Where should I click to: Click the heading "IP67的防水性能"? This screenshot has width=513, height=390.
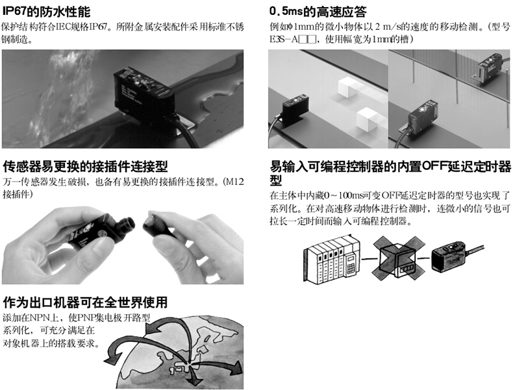tap(47, 12)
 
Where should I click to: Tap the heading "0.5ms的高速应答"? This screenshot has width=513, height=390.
tap(318, 12)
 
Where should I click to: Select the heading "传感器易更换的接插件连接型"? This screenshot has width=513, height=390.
tap(85, 166)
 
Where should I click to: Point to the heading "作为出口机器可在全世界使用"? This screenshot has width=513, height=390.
tap(85, 302)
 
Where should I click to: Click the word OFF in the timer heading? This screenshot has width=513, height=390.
tap(434, 166)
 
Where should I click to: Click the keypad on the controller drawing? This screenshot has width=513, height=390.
tap(351, 268)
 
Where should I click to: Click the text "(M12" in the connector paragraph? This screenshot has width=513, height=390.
tap(233, 182)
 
